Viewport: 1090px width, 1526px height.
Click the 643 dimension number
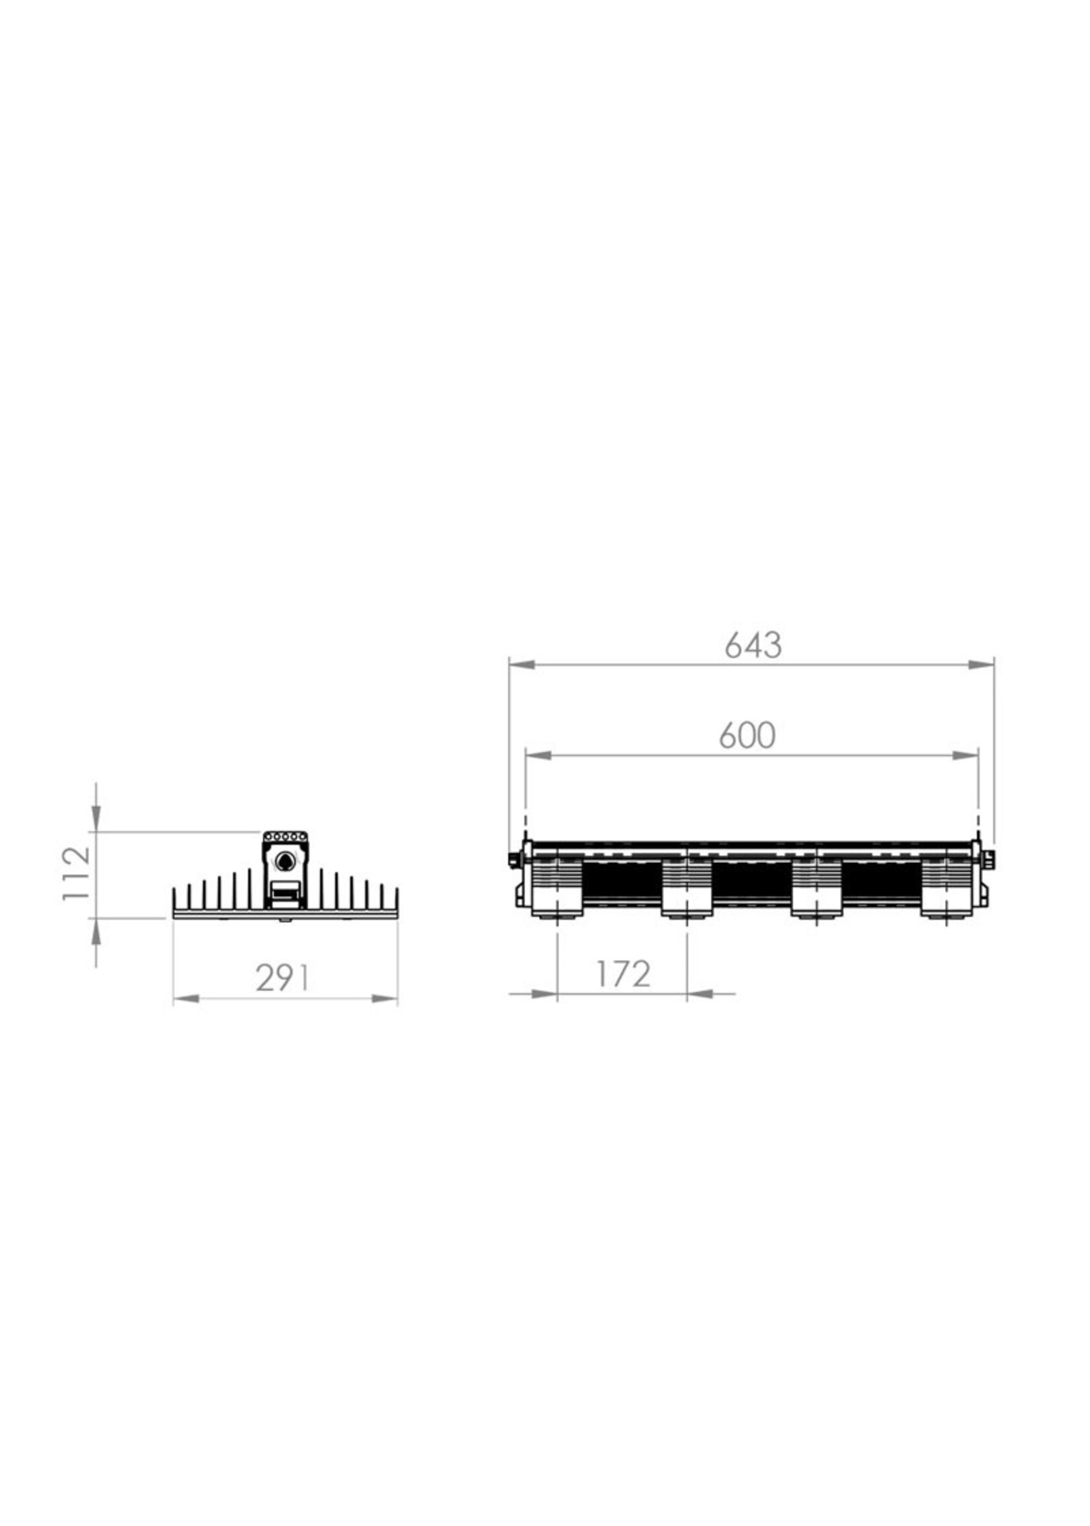[753, 645]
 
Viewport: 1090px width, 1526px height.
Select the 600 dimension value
[747, 736]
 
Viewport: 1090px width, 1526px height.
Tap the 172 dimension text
[623, 974]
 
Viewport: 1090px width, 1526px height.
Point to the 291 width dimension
[282, 978]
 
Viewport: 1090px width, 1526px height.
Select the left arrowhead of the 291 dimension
[187, 1000]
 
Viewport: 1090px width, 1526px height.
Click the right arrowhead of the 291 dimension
[384, 1000]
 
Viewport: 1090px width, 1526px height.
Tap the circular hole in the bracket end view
[284, 860]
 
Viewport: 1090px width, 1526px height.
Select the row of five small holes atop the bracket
[284, 837]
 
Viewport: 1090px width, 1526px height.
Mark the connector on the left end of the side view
[515, 858]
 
